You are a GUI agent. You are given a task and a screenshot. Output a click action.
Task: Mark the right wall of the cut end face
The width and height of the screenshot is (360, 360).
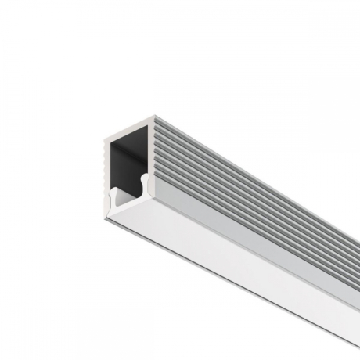point(149,157)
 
